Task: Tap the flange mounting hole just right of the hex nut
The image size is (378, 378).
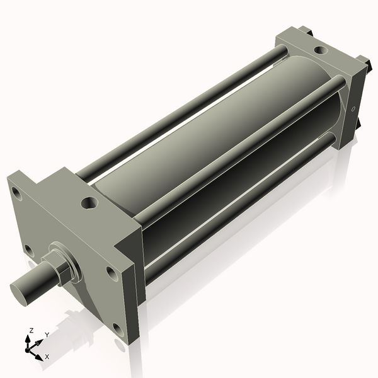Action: pyautogui.click(x=111, y=273)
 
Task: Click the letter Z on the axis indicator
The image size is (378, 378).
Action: pyautogui.click(x=31, y=330)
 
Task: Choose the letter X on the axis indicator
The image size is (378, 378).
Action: pyautogui.click(x=47, y=357)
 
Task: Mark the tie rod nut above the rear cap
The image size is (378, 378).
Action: pyautogui.click(x=304, y=29)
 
